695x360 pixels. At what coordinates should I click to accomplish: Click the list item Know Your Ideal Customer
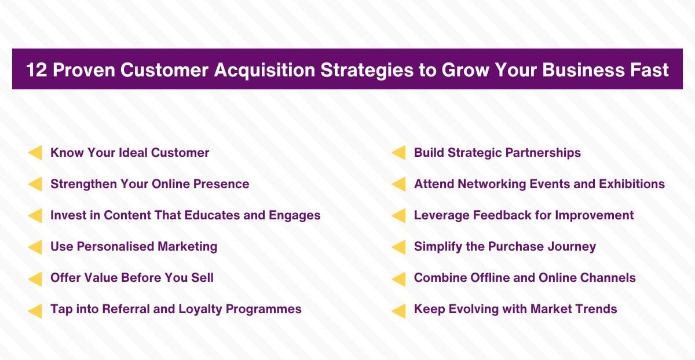pos(130,153)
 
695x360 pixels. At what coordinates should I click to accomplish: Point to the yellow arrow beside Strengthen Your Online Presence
pos(35,184)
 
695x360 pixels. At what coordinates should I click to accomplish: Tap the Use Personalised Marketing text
pos(134,247)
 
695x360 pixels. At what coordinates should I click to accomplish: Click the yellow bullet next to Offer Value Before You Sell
pos(35,278)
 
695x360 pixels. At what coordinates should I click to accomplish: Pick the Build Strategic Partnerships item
pos(497,153)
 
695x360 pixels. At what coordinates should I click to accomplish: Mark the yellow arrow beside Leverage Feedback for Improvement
pos(398,215)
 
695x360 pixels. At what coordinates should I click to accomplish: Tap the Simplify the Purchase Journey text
pos(504,247)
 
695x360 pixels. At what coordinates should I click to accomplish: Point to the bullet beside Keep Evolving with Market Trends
pos(398,310)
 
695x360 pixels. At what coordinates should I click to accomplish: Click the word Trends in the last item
pos(597,309)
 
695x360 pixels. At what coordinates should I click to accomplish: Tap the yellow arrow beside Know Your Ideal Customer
pos(35,153)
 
